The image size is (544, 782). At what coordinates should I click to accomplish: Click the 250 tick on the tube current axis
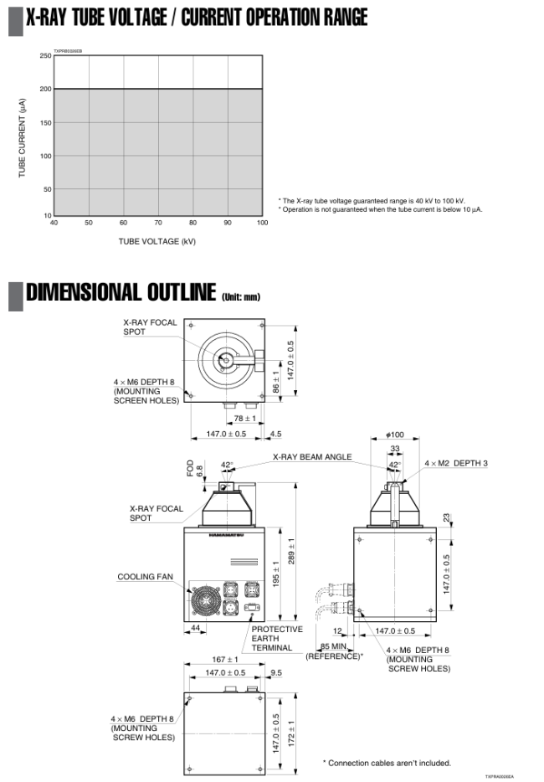45,56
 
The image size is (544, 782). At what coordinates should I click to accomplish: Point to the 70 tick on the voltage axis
157,223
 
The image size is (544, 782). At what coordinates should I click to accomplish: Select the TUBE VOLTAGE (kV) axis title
157,242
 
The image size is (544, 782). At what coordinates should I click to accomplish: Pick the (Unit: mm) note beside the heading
240,296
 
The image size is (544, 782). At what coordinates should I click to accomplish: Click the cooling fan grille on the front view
206,599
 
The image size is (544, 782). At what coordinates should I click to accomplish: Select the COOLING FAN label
145,577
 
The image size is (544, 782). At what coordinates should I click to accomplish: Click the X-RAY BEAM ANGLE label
312,457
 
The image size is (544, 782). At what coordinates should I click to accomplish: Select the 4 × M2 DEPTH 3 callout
455,463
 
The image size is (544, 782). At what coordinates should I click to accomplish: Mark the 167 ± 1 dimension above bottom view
225,660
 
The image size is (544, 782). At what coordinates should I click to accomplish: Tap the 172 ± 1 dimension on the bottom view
291,733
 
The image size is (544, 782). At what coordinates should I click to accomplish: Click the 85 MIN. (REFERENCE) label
335,651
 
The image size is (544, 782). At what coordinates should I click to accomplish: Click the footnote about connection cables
387,763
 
